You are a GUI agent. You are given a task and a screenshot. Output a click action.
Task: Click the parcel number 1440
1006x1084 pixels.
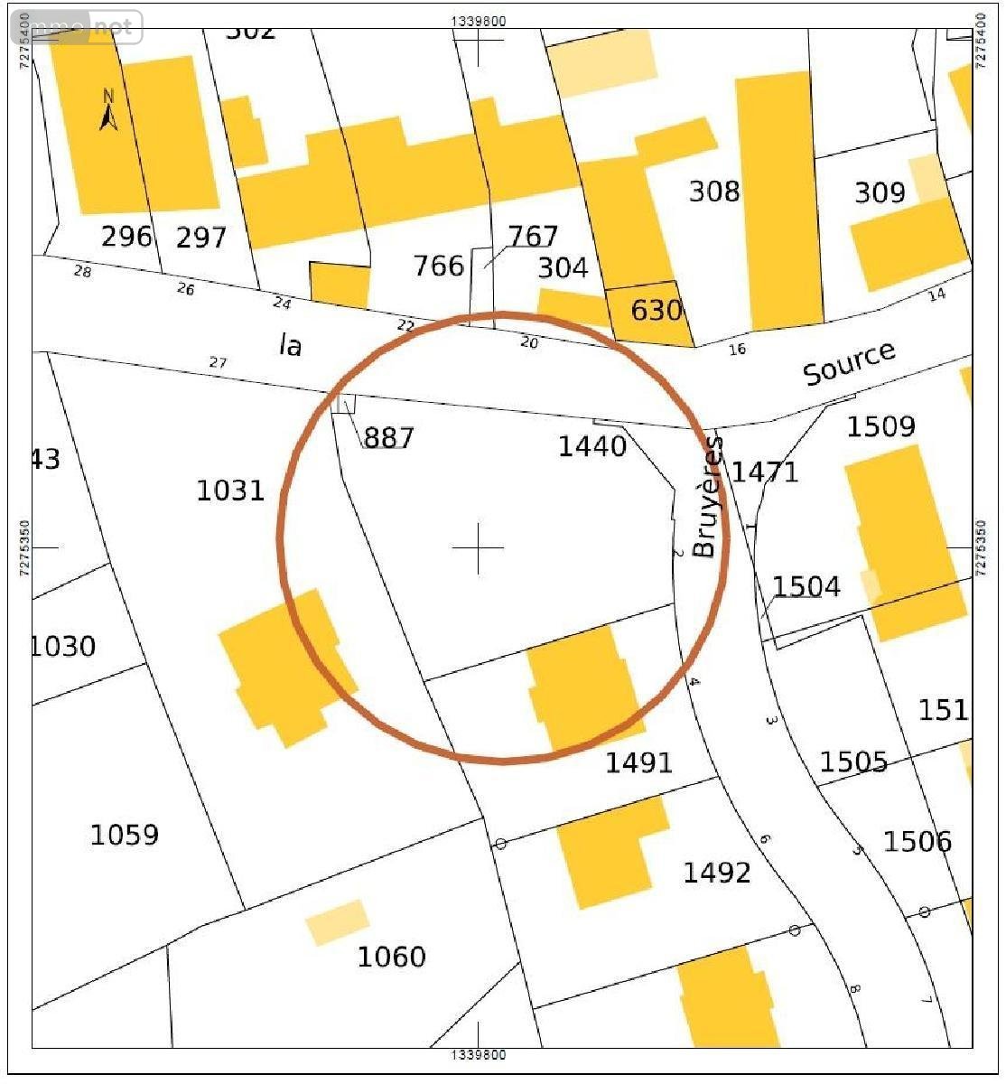(x=592, y=445)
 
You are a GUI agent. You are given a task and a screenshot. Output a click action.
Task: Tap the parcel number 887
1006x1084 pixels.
(x=388, y=437)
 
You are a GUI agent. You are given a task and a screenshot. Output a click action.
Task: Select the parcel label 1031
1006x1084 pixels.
(x=230, y=491)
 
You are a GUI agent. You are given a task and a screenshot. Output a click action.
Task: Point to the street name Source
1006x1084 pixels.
(x=849, y=362)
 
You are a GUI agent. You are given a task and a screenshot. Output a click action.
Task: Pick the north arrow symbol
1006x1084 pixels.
(x=108, y=111)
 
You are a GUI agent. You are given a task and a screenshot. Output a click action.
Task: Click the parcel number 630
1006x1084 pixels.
(x=656, y=311)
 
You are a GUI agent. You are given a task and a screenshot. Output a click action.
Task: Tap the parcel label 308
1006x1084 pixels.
(x=714, y=192)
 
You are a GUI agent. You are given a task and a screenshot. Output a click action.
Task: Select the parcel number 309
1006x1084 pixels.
(x=880, y=192)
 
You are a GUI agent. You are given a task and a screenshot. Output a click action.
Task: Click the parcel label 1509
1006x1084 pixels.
(x=880, y=426)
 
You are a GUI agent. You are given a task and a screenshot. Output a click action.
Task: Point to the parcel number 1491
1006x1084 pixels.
(x=638, y=762)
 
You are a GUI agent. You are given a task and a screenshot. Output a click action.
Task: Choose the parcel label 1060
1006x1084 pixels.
(x=391, y=957)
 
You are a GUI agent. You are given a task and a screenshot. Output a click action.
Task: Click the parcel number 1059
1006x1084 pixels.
(x=125, y=835)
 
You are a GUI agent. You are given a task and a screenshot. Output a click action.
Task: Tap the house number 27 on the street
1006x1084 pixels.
(x=218, y=363)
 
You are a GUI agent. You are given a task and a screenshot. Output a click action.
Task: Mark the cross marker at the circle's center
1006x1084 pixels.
(x=478, y=547)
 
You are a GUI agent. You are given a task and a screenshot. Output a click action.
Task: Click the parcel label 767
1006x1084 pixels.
(x=533, y=237)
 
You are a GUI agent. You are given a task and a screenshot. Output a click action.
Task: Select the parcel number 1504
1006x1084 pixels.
(x=806, y=587)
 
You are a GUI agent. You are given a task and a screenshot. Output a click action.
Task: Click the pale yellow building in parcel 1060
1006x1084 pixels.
(x=337, y=922)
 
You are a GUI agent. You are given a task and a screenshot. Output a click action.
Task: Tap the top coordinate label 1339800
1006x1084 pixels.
(x=478, y=19)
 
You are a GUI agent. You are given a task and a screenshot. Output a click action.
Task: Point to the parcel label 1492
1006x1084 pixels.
(x=716, y=873)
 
